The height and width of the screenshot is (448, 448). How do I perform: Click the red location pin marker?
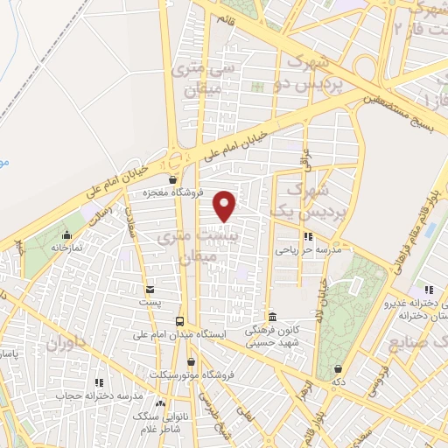click(x=225, y=206)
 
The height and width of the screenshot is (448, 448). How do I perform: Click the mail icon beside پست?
click(x=150, y=290)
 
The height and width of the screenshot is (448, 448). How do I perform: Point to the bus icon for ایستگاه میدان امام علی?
click(x=179, y=321)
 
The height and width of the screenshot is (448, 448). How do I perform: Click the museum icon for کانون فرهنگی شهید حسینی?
click(x=273, y=317)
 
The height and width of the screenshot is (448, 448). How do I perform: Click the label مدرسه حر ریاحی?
click(x=302, y=249)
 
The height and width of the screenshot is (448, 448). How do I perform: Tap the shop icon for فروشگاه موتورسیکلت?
click(x=192, y=361)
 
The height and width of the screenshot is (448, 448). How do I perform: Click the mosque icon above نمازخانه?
click(x=66, y=234)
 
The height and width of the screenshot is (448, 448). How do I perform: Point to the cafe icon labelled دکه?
click(x=338, y=368)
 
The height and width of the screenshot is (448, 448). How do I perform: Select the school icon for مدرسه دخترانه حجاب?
click(x=99, y=382)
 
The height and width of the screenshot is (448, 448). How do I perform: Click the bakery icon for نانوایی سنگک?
click(x=160, y=404)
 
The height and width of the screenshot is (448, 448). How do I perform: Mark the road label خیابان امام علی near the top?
click(x=234, y=143)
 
